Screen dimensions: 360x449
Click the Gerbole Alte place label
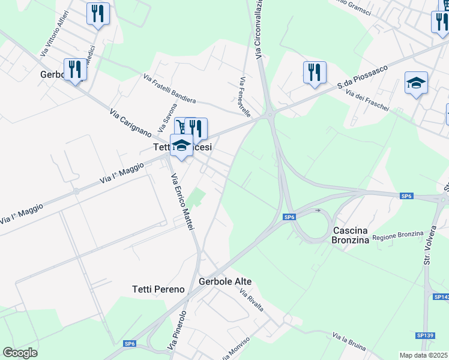[x=224, y=281]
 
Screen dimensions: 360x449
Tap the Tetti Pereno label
[x=158, y=289]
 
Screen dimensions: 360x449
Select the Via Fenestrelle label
[x=244, y=97]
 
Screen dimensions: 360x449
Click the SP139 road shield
[x=424, y=335]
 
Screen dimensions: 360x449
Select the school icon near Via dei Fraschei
[x=416, y=82]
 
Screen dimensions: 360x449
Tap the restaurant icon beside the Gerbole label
[x=75, y=68]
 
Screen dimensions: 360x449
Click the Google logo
[x=20, y=353]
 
